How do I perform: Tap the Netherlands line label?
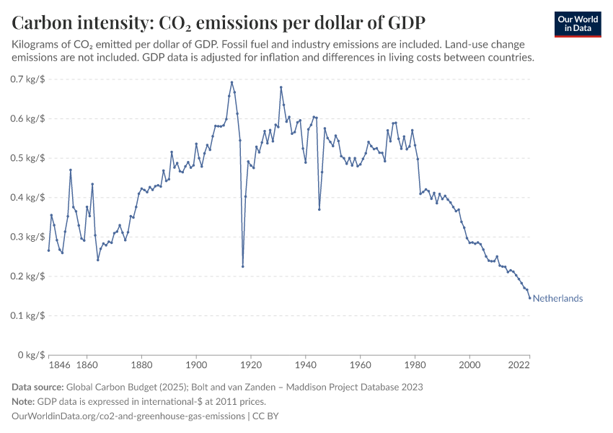557,299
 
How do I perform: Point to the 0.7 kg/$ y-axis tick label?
28,79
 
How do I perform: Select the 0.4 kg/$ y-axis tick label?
28,197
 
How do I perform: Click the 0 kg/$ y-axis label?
31,355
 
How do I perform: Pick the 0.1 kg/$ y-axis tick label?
28,315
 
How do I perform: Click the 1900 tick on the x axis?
196,366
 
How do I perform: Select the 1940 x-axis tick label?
306,366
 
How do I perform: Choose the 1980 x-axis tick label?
415,366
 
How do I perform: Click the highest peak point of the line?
231,82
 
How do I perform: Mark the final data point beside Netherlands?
530,298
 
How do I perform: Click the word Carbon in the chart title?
43,22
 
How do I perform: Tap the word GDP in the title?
405,22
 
